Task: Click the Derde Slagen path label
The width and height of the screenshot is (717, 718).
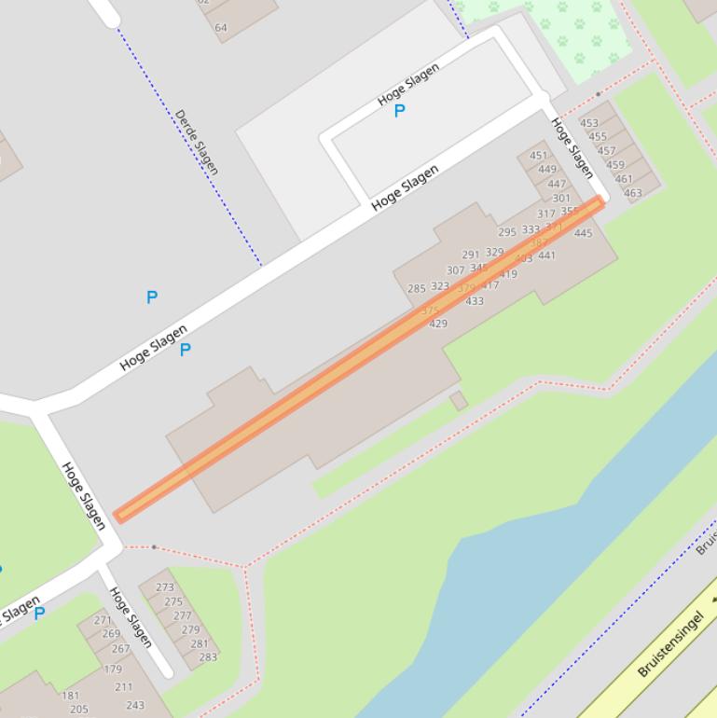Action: [197, 142]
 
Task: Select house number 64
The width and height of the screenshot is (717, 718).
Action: [221, 28]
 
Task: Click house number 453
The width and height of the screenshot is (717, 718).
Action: [589, 123]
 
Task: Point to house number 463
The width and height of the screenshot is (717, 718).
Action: [632, 194]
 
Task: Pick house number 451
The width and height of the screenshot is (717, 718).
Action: [539, 156]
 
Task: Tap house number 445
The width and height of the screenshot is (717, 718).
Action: [583, 233]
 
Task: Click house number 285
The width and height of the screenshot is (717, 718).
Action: [417, 289]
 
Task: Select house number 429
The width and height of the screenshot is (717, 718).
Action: [437, 324]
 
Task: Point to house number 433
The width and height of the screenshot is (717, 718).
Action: [475, 301]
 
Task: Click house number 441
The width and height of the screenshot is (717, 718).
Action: [546, 255]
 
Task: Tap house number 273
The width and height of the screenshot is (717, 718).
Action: [165, 587]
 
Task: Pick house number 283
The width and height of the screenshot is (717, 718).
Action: [207, 656]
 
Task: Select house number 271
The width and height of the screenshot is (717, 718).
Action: [103, 620]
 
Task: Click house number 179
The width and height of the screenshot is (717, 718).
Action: [113, 669]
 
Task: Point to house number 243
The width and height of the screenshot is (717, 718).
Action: [135, 705]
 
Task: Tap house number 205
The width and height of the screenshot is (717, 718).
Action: [78, 710]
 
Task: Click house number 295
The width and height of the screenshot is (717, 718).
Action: [507, 232]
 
